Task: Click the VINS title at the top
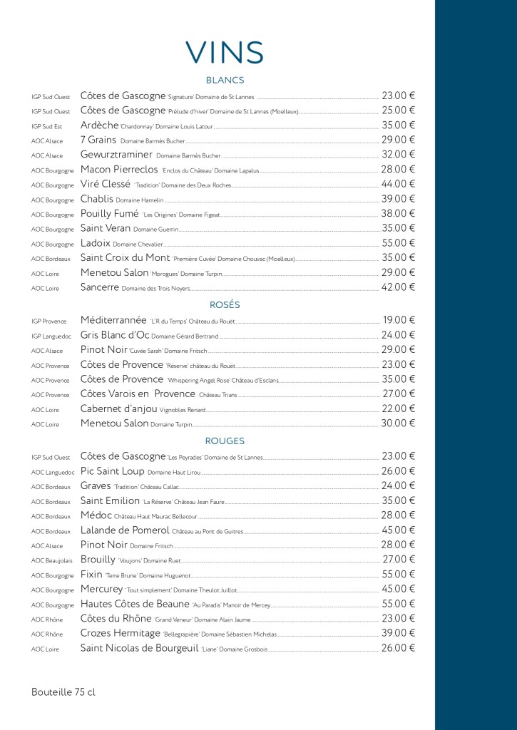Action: tap(225, 52)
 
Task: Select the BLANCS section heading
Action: tap(225, 81)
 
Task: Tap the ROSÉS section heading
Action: tap(225, 305)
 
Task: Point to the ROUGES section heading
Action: tap(225, 441)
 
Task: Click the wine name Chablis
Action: tap(97, 199)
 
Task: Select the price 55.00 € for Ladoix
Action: tap(398, 243)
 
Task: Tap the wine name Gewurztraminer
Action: tap(116, 155)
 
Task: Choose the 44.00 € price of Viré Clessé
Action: tap(398, 184)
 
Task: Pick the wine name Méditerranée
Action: tap(113, 320)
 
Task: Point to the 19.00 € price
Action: tap(398, 320)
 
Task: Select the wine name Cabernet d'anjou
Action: tap(125, 408)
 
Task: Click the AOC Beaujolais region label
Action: tap(52, 560)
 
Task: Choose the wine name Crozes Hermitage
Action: tap(121, 633)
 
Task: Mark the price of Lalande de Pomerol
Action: tap(398, 530)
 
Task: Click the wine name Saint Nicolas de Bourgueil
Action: tap(139, 648)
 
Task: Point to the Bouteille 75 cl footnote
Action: tap(63, 692)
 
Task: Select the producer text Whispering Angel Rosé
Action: tap(207, 380)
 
